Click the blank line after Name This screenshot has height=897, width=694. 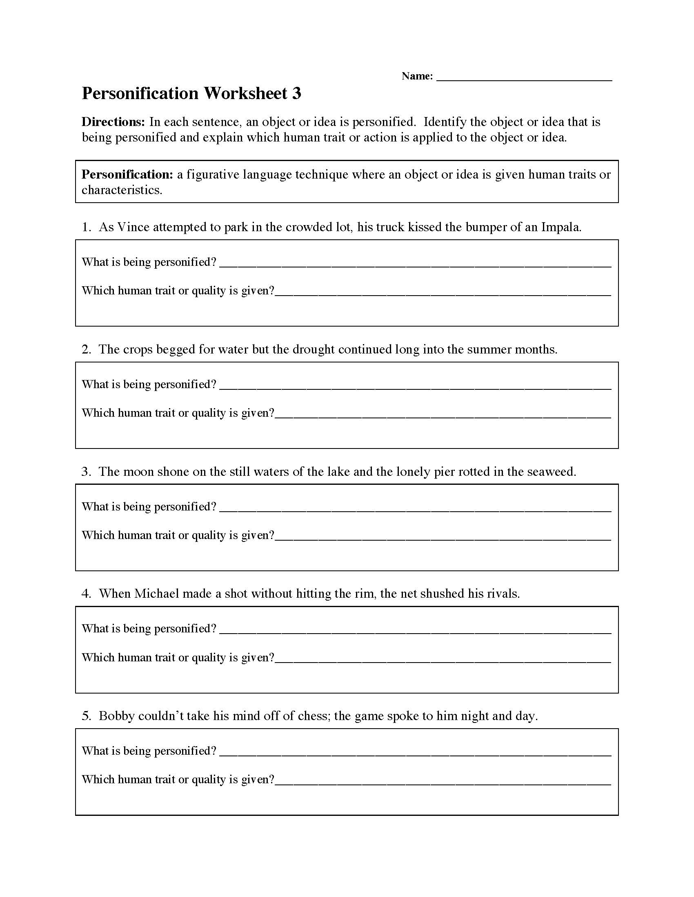(524, 78)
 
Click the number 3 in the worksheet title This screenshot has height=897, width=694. (296, 94)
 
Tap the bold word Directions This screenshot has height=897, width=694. (113, 122)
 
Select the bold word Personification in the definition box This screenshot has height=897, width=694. (127, 175)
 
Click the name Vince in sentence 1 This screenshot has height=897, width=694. (133, 227)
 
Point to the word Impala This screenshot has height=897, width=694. (561, 227)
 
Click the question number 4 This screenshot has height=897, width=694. (86, 594)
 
